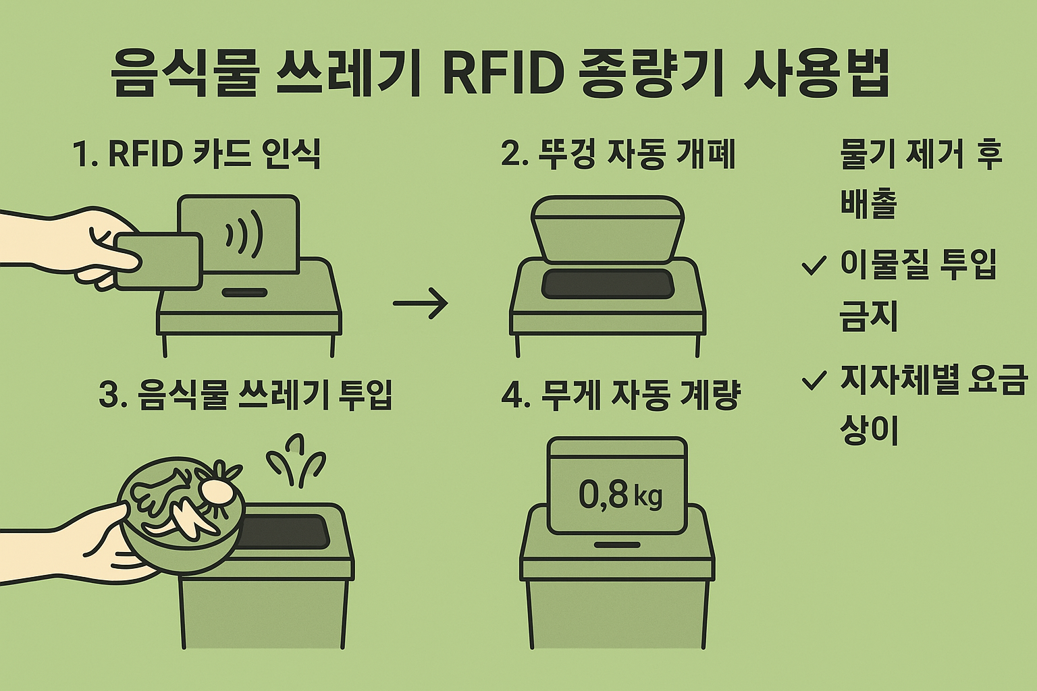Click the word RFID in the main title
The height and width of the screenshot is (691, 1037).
tap(503, 74)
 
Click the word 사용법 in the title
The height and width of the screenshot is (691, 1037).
tap(816, 74)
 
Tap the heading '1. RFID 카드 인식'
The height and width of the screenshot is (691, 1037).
tap(196, 154)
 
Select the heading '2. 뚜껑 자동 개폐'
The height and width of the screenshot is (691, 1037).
tap(618, 154)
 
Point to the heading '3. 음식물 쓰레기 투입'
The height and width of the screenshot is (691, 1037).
tap(245, 395)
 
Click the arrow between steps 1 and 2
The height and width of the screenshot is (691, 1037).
tap(420, 303)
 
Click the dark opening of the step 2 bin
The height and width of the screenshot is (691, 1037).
tap(608, 283)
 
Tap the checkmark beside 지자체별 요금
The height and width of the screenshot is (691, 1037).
tap(813, 381)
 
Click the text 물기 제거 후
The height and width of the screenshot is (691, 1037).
tap(921, 155)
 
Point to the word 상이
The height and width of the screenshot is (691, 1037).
tap(869, 429)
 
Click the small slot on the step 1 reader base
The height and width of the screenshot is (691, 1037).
tap(244, 294)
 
